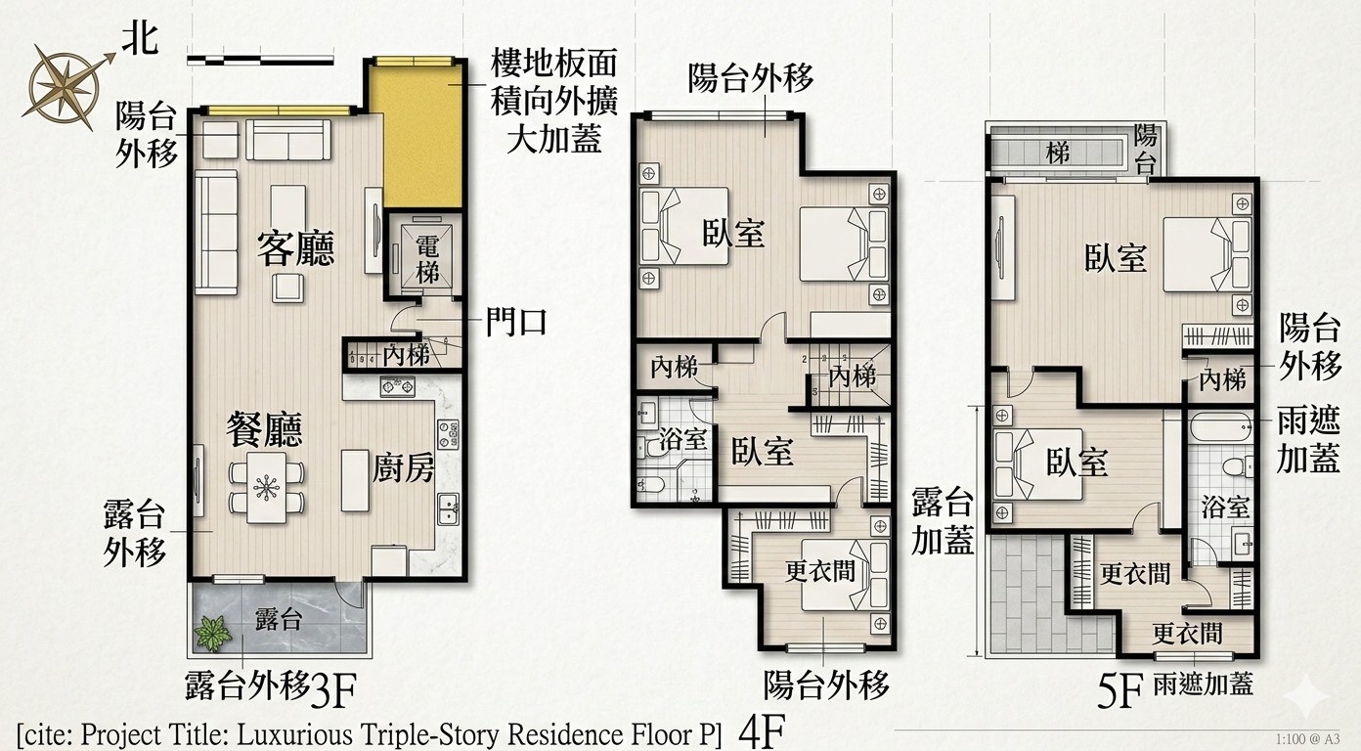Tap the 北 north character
click(x=141, y=40)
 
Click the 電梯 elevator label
click(x=427, y=260)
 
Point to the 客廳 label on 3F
click(x=296, y=249)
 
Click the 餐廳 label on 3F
click(x=264, y=429)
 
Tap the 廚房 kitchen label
click(x=404, y=467)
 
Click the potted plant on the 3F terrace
click(x=213, y=633)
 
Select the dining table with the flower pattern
click(x=267, y=487)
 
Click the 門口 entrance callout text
click(x=516, y=323)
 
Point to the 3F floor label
click(x=333, y=690)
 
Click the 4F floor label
click(x=762, y=731)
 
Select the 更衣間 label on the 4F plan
click(x=819, y=571)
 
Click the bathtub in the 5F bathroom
click(x=1220, y=427)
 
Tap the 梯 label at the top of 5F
click(x=1058, y=154)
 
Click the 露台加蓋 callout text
click(x=943, y=521)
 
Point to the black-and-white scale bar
click(x=260, y=61)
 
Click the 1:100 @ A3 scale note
click(x=1307, y=739)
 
